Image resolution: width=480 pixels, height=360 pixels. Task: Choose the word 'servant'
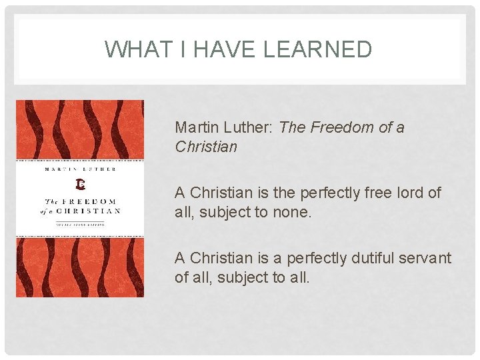425,258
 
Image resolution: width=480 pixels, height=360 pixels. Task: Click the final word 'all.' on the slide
298,277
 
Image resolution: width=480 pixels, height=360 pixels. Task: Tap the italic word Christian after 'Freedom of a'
206,147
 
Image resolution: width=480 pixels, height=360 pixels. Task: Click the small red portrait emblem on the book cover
81,183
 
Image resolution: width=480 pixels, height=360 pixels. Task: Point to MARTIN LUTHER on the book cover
81,169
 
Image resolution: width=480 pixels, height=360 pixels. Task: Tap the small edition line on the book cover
80,223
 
